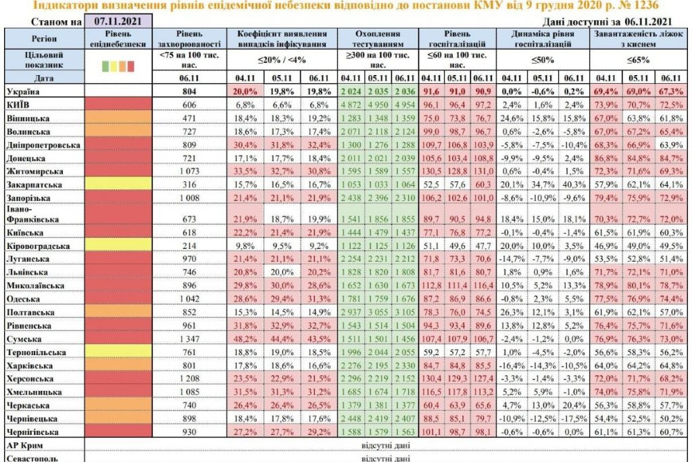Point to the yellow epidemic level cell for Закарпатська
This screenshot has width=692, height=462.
pyautogui.click(x=118, y=184)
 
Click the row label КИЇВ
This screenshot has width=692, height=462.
pyautogui.click(x=20, y=103)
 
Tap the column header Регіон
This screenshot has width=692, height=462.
pyautogui.click(x=43, y=39)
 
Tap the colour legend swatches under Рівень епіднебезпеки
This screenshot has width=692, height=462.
pyautogui.click(x=118, y=66)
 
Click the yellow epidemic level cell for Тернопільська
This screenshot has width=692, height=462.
pyautogui.click(x=118, y=352)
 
